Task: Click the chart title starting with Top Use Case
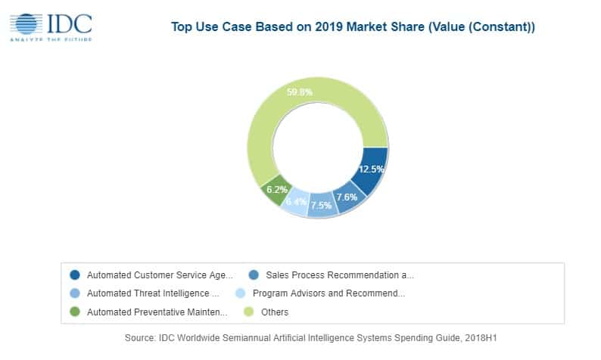pos(353,28)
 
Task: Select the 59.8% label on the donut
pos(300,92)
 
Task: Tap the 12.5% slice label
pos(370,169)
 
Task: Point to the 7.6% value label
pos(347,197)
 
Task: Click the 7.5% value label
pos(322,205)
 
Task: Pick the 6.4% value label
pos(297,202)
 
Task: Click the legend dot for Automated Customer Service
pos(74,275)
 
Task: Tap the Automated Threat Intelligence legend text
pos(152,293)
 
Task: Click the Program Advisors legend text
pos(329,293)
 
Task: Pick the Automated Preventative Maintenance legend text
pos(157,311)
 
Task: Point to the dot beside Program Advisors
pos(240,293)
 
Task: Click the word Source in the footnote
pos(140,339)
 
